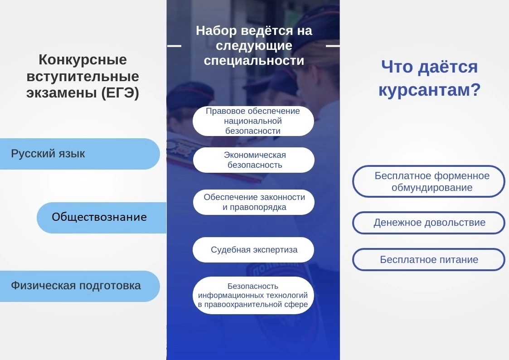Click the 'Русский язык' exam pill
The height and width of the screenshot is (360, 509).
pyautogui.click(x=80, y=154)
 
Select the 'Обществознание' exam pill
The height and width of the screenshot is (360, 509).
pyautogui.click(x=102, y=218)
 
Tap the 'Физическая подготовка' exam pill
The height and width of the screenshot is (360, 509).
pyautogui.click(x=80, y=286)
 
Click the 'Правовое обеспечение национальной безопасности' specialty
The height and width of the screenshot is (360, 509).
pyautogui.click(x=253, y=121)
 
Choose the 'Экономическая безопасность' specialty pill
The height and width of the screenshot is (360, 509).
pyautogui.click(x=254, y=160)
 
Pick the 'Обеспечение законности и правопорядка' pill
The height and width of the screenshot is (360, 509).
pyautogui.click(x=254, y=202)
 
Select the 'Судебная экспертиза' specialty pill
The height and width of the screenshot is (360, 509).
pyautogui.click(x=253, y=250)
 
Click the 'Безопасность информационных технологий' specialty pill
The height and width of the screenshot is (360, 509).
pyautogui.click(x=253, y=296)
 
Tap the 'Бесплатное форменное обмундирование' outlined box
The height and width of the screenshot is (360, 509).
pyautogui.click(x=429, y=181)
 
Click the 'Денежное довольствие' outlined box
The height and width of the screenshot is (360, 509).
pyautogui.click(x=429, y=223)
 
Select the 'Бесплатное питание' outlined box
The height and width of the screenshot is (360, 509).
pyautogui.click(x=429, y=260)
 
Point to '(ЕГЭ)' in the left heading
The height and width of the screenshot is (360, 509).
pyautogui.click(x=120, y=93)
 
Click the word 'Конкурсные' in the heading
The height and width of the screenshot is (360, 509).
pyautogui.click(x=83, y=60)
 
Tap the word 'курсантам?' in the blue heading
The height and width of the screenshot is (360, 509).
pyautogui.click(x=430, y=90)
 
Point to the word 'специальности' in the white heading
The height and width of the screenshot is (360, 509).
pyautogui.click(x=254, y=61)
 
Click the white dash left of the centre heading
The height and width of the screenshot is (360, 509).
pyautogui.click(x=175, y=46)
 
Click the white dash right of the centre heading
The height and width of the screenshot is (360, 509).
pyautogui.click(x=333, y=46)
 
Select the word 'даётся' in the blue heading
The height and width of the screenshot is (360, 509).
pyautogui.click(x=448, y=67)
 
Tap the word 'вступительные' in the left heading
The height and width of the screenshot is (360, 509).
pyautogui.click(x=83, y=77)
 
